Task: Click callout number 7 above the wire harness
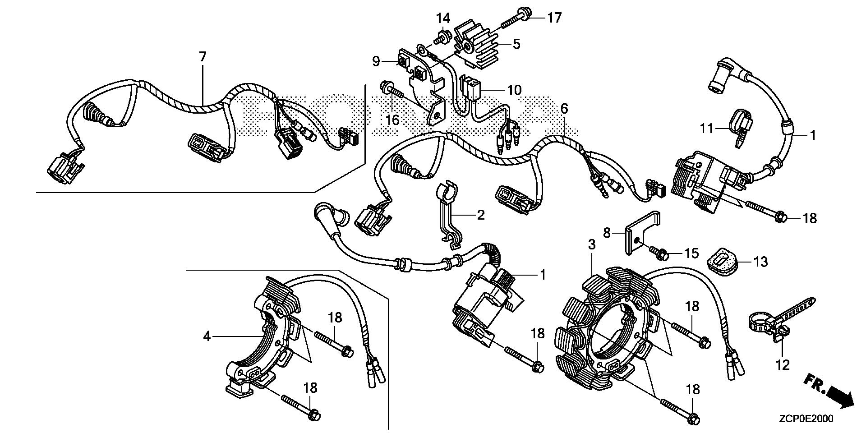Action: [x=203, y=57]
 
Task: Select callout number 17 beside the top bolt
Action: [x=554, y=18]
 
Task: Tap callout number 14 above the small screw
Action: [x=443, y=18]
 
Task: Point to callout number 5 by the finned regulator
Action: [x=516, y=44]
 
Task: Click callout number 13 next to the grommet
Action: [x=760, y=262]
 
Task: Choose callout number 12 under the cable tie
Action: [x=783, y=364]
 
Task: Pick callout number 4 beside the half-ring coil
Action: [x=207, y=336]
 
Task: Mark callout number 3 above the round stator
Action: [x=591, y=245]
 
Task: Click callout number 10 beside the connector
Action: [x=514, y=90]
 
